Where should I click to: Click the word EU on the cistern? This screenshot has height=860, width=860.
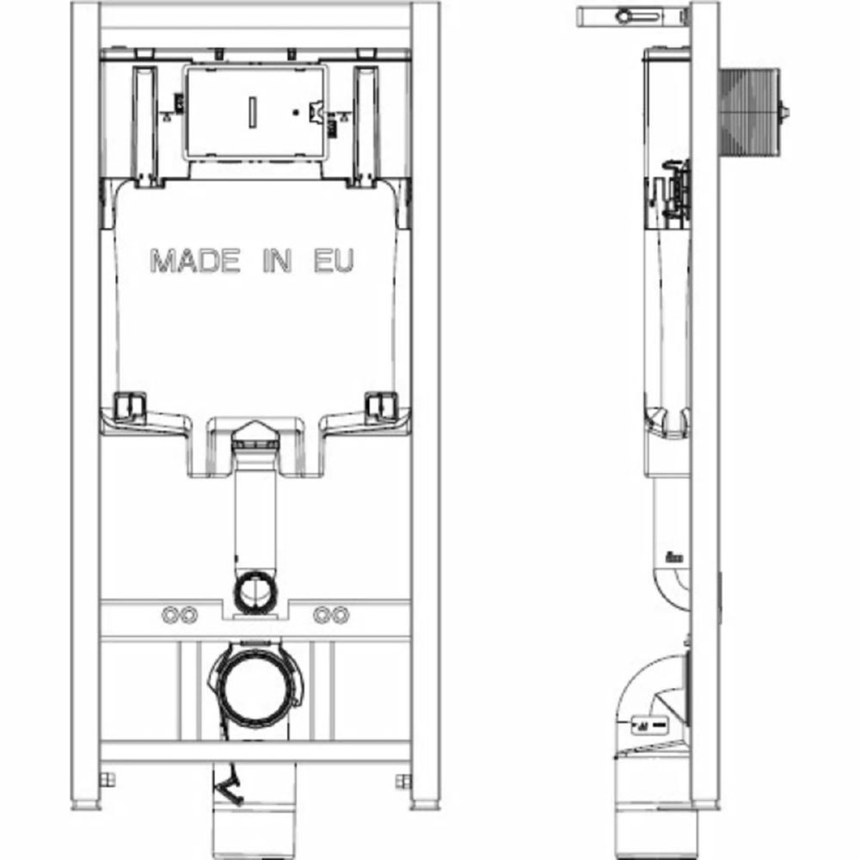[332, 261]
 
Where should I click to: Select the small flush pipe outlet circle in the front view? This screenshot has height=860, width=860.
[254, 591]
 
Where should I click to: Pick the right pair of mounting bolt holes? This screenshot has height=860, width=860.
[330, 615]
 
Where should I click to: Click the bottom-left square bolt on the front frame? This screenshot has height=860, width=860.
[107, 781]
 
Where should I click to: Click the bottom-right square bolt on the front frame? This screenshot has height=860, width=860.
[402, 781]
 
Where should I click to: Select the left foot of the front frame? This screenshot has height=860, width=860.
[84, 805]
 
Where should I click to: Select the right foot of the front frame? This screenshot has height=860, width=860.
[425, 805]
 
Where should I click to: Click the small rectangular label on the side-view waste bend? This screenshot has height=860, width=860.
[651, 725]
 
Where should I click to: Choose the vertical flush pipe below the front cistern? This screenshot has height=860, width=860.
[254, 516]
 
